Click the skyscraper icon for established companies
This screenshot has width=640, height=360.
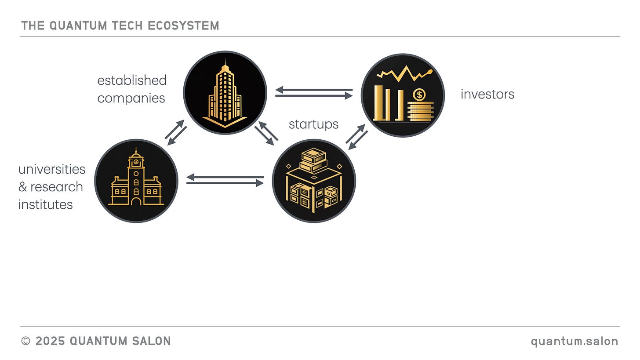point(225,93)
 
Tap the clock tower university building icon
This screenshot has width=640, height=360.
point(136,181)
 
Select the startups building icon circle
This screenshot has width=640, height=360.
point(314,181)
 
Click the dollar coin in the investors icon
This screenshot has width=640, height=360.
point(419,94)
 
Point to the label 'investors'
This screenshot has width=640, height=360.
point(487,94)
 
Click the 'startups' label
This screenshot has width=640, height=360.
point(313,124)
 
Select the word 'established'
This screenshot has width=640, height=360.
point(132,80)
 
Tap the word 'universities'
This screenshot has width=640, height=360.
point(52,169)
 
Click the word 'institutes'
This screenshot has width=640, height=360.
point(46,204)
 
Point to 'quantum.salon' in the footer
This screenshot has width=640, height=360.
point(575,341)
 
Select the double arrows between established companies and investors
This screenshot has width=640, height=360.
point(314,93)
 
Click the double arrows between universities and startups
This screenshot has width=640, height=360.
point(225,180)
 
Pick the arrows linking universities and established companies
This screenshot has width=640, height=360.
point(176,132)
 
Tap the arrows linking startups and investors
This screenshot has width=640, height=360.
point(357,137)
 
